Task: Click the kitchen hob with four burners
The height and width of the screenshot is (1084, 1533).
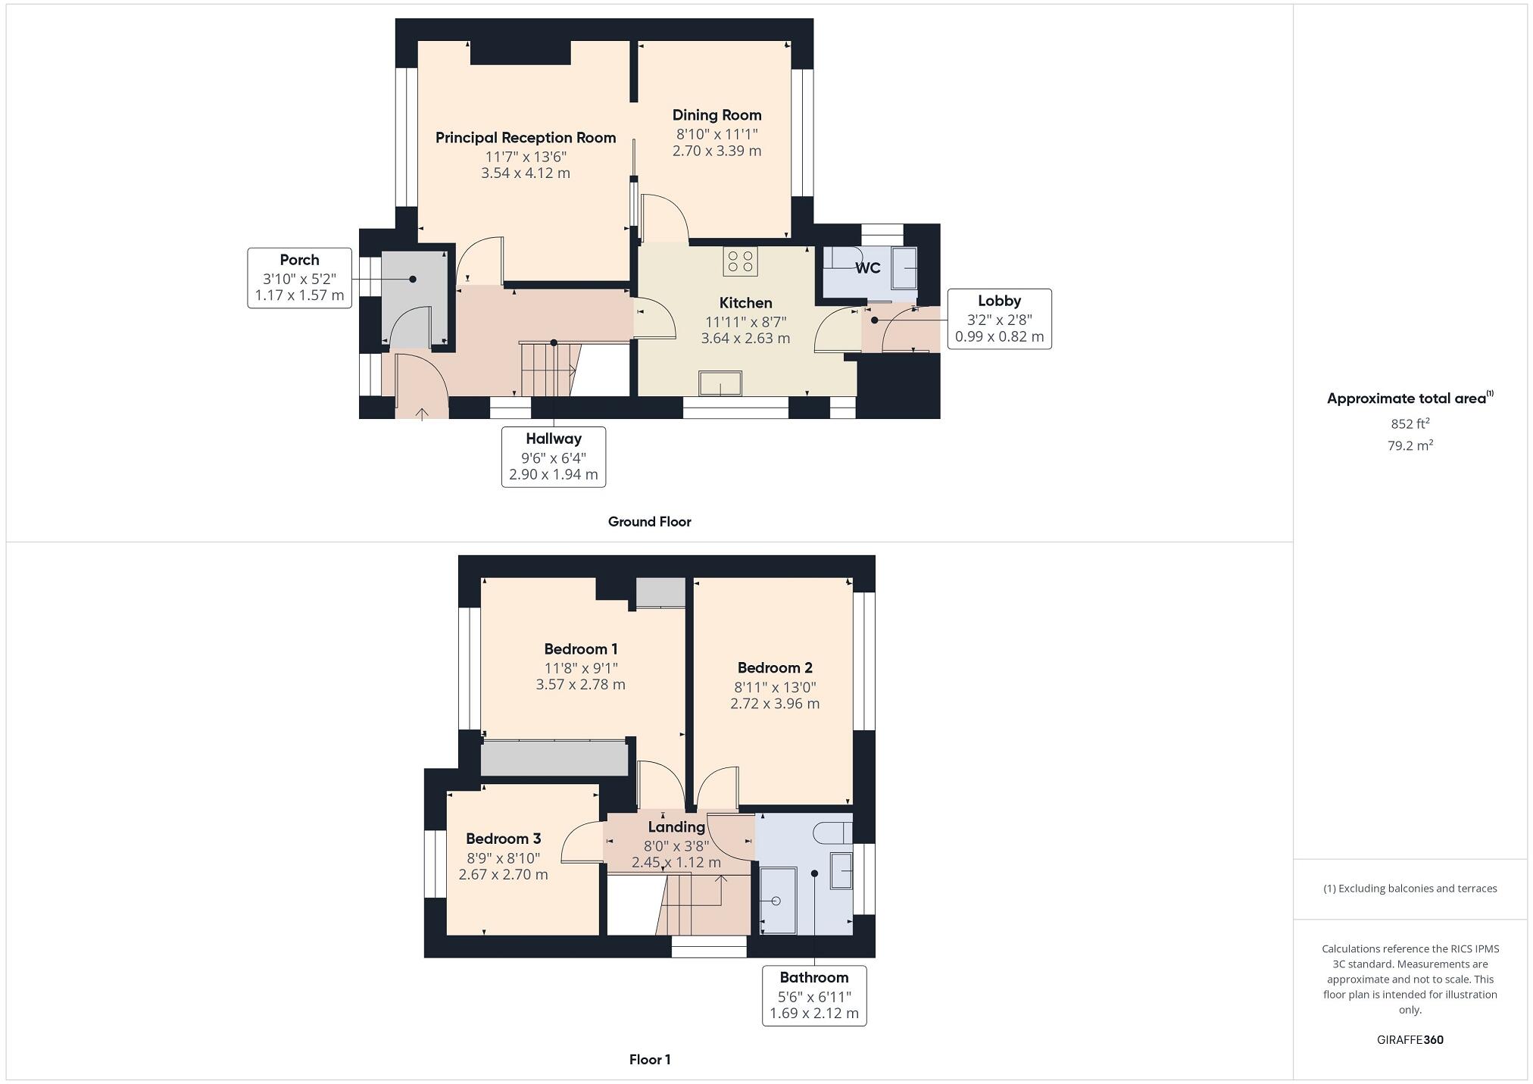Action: [740, 261]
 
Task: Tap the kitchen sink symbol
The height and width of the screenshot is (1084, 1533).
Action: [720, 383]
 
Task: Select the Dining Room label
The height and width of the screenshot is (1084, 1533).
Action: [717, 115]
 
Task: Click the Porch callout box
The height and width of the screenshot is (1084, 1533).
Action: [299, 278]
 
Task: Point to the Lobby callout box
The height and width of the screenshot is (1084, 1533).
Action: [998, 319]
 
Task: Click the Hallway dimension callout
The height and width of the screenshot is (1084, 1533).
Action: [553, 457]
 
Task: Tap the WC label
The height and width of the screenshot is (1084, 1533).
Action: [867, 268]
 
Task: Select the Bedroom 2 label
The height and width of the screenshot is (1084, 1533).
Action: [775, 667]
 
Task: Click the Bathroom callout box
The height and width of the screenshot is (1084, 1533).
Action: [813, 995]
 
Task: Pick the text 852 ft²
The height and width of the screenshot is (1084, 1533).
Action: [1410, 423]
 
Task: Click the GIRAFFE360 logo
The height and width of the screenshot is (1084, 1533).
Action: [1410, 1040]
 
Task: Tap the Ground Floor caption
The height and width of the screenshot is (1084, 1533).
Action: [649, 522]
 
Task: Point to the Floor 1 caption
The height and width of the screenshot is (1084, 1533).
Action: [649, 1060]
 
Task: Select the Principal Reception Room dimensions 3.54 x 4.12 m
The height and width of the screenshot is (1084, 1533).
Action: [525, 173]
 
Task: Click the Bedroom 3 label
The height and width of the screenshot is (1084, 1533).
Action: [503, 839]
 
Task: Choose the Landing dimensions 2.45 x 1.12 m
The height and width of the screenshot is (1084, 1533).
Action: [676, 863]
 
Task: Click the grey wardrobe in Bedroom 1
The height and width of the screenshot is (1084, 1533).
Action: [554, 758]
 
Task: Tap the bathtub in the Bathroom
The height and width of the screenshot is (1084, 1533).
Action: [778, 901]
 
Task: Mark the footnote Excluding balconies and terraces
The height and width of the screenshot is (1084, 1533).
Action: [1410, 889]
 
